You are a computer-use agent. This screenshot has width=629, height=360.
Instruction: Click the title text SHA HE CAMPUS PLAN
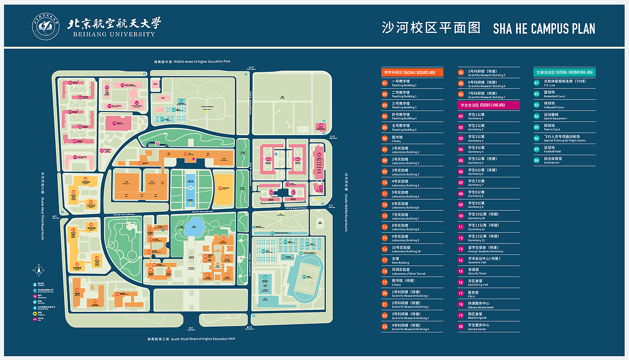point(544,28)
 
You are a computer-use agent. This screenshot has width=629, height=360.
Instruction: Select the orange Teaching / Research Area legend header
point(412,72)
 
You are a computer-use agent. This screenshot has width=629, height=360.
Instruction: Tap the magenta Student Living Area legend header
point(488,105)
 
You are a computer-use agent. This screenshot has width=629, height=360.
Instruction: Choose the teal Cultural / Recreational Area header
point(565,72)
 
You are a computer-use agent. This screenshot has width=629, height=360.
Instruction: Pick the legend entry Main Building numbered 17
point(400,261)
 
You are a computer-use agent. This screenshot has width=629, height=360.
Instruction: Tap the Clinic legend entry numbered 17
point(474,294)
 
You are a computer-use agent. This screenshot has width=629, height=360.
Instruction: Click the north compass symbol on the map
point(37,270)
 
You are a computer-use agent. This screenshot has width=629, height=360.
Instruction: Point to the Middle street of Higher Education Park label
point(192,62)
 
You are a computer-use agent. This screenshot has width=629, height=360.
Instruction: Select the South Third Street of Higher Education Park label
point(192,339)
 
